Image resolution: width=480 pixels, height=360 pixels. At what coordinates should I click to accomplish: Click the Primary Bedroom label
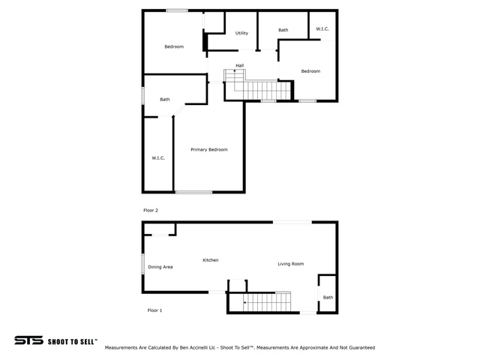click(209, 150)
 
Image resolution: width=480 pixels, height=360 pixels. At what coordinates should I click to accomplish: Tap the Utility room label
click(241, 33)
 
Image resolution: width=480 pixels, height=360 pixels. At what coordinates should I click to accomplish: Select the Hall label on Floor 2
click(240, 65)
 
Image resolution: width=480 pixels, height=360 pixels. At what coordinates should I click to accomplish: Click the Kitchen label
click(211, 260)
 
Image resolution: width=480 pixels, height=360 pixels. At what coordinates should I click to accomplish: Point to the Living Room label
click(291, 264)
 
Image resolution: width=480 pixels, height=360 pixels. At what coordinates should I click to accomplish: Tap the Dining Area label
click(160, 267)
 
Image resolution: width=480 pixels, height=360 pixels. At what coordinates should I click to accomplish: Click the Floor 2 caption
click(151, 210)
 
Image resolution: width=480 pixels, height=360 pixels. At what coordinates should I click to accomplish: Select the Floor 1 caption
click(154, 310)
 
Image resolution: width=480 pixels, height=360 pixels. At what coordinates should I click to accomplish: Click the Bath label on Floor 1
click(328, 298)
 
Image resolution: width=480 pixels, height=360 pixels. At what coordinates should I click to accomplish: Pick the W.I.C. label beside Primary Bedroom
click(158, 158)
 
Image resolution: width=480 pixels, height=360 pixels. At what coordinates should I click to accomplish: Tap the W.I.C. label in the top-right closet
click(322, 29)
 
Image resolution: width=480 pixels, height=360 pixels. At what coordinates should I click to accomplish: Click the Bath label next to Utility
click(283, 30)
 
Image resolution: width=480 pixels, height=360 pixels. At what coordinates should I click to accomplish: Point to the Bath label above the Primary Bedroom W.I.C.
click(165, 100)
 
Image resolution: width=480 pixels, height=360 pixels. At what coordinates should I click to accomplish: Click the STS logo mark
click(28, 340)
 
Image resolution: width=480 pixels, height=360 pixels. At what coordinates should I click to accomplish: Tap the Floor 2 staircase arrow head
click(235, 70)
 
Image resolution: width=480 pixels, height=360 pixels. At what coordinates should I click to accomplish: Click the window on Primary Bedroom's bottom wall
click(193, 192)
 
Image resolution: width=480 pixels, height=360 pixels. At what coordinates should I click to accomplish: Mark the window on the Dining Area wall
click(142, 264)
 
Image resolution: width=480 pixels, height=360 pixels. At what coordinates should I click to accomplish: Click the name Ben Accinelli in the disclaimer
click(193, 348)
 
